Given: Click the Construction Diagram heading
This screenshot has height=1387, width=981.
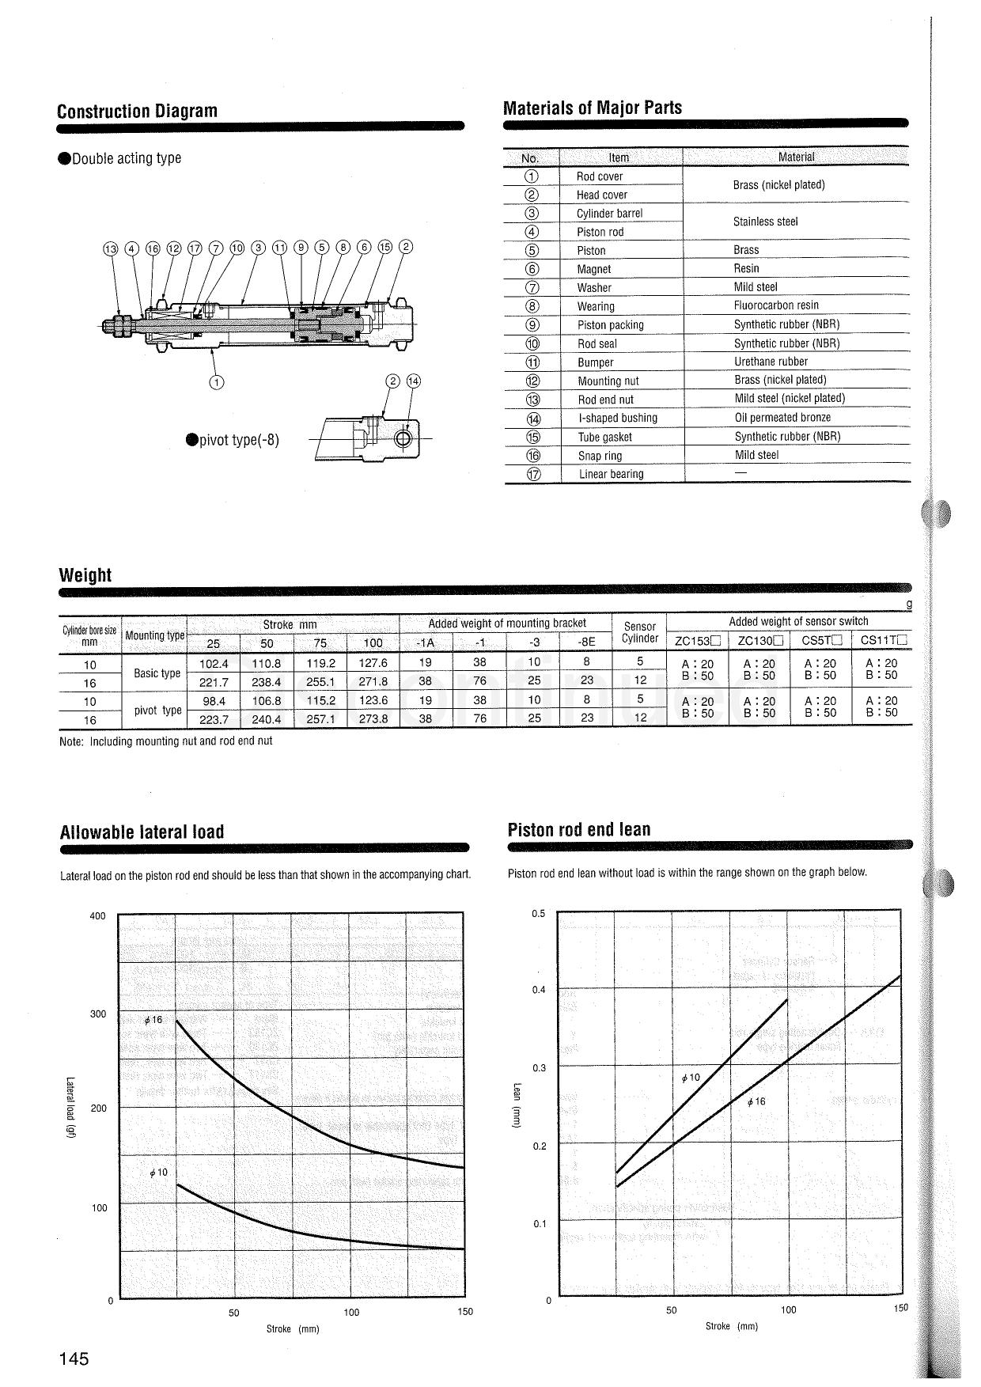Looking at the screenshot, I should pyautogui.click(x=137, y=111).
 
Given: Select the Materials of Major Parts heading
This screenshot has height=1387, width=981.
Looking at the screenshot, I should pyautogui.click(x=593, y=108).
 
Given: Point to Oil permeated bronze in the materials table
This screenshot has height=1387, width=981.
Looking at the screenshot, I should pyautogui.click(x=782, y=418).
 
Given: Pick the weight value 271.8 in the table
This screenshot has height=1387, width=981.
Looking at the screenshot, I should pyautogui.click(x=373, y=682).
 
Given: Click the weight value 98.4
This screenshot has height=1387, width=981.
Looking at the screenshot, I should pyautogui.click(x=214, y=701).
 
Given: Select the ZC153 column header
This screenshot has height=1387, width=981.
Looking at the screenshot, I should pyautogui.click(x=698, y=642).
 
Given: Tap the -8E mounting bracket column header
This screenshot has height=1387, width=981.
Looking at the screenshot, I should pyautogui.click(x=586, y=642).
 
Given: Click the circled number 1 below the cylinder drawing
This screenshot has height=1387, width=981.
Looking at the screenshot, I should pyautogui.click(x=217, y=382).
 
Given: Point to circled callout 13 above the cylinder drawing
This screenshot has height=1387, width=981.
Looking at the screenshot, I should pyautogui.click(x=110, y=248).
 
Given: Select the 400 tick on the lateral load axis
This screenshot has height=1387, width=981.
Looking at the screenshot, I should pyautogui.click(x=97, y=916).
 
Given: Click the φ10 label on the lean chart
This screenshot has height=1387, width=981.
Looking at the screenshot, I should pyautogui.click(x=691, y=1078).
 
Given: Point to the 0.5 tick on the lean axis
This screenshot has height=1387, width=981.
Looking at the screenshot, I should pyautogui.click(x=539, y=913).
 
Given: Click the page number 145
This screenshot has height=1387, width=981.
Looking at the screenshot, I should pyautogui.click(x=74, y=1359).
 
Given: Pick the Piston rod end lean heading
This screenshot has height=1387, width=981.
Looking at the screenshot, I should pyautogui.click(x=579, y=829).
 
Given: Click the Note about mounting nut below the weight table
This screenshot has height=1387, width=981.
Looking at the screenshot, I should pyautogui.click(x=166, y=741).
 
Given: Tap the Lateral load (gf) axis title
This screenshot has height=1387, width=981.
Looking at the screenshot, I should pyautogui.click(x=70, y=1108).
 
